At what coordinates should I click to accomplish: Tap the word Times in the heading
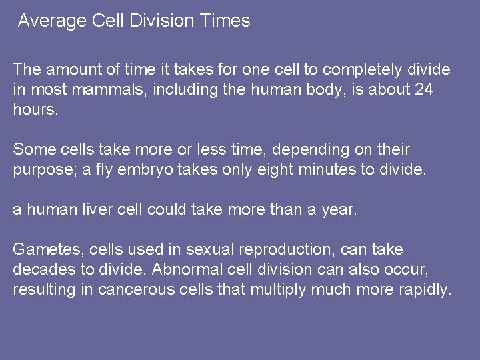pyautogui.click(x=225, y=21)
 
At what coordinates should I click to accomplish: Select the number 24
pyautogui.click(x=423, y=89)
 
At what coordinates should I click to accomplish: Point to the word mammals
pyautogui.click(x=118, y=89)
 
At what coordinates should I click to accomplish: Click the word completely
pyautogui.click(x=358, y=69)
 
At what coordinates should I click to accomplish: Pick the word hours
pyautogui.click(x=35, y=109)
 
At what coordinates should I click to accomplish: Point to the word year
pyautogui.click(x=340, y=209)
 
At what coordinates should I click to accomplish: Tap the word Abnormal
pyautogui.click(x=183, y=269)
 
